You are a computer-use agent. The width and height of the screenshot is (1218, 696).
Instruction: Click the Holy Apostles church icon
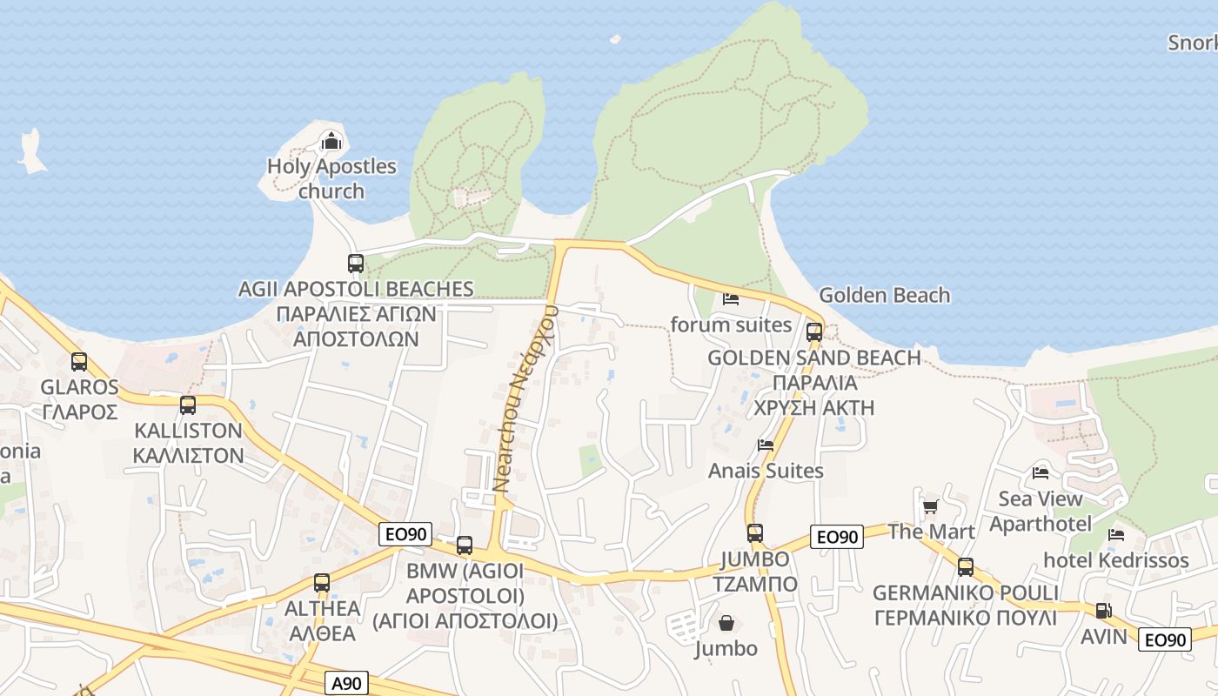point(331,141)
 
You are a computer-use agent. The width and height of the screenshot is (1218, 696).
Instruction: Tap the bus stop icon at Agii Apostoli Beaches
point(355,264)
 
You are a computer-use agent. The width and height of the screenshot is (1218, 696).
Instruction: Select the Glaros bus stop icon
point(79,362)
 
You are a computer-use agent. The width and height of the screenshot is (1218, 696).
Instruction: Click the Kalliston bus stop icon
point(188,405)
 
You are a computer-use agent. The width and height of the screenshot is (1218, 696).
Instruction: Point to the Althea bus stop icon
point(322,583)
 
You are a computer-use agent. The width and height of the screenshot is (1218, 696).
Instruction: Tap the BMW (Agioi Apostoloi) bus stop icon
point(465,545)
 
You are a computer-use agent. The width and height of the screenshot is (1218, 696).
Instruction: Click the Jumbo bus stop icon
point(755,533)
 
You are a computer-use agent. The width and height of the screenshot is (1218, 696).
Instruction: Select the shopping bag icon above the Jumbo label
point(726,623)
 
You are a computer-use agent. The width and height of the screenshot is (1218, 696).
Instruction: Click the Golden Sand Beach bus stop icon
point(814,332)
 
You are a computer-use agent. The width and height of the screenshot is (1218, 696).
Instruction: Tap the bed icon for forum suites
point(731,299)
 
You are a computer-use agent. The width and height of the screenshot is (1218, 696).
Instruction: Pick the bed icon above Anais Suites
point(766,445)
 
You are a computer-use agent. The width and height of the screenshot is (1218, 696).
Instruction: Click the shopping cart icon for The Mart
point(930,506)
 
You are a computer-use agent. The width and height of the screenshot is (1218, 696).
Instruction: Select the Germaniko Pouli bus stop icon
point(966,567)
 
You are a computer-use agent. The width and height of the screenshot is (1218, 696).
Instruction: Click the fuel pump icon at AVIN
point(1103,611)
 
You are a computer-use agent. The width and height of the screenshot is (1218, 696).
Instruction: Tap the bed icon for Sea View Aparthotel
point(1041,473)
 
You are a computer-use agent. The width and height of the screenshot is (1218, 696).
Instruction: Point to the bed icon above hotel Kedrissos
point(1117,534)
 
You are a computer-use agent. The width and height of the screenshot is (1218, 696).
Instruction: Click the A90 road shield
point(346,683)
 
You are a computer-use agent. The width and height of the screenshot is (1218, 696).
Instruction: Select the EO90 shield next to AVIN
point(1164,639)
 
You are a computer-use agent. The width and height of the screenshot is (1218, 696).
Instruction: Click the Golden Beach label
point(885,295)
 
